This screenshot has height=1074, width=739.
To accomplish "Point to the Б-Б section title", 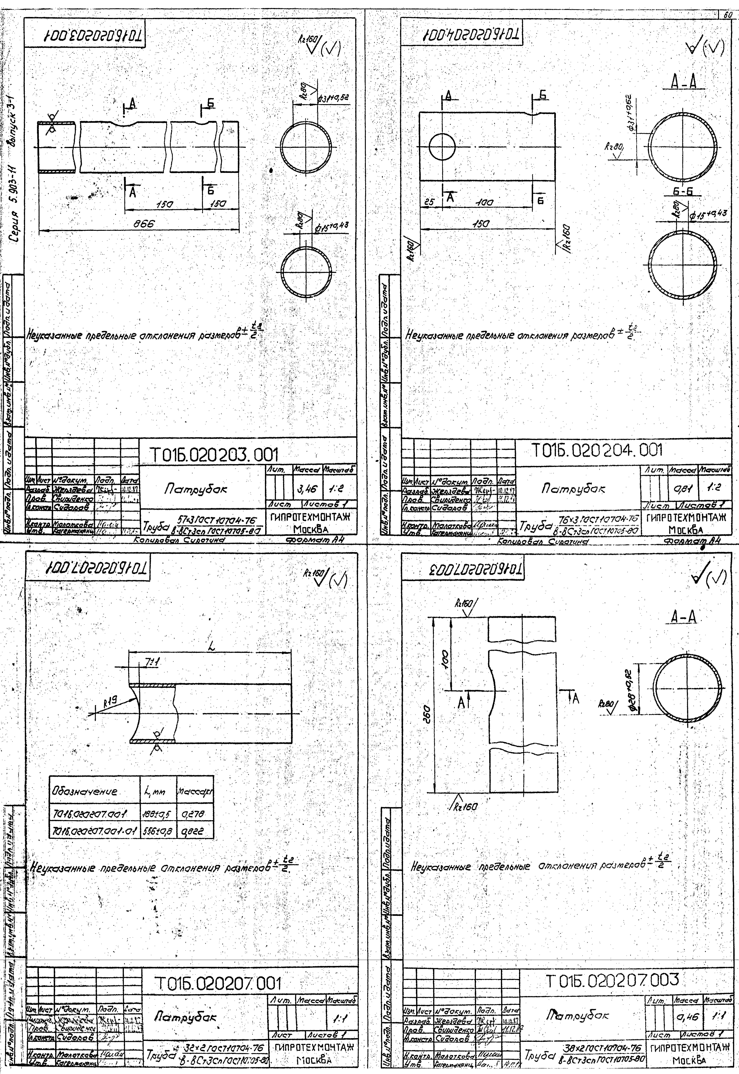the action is pos(686,193).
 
